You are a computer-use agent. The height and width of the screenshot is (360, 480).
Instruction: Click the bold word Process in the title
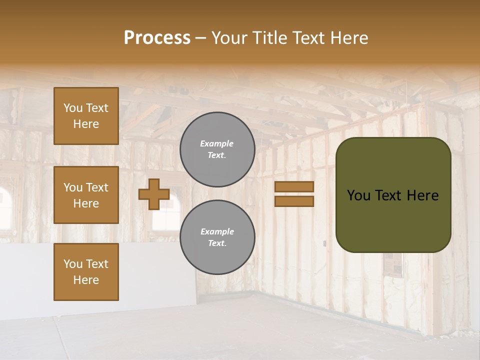coord(157,38)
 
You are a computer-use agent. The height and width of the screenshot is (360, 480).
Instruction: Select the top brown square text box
coord(86,116)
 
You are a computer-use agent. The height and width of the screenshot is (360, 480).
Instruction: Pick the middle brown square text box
coord(86,195)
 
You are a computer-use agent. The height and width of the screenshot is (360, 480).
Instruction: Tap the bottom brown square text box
coord(86,272)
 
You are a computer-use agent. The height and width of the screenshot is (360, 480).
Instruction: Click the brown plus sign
coord(154,194)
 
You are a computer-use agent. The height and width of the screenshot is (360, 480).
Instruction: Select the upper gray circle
coord(217,149)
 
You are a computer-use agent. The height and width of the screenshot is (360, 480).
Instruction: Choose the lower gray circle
coord(217,237)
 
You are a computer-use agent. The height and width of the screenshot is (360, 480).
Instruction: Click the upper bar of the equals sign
coord(294,186)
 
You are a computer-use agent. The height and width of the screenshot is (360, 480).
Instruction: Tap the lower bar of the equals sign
coord(294,201)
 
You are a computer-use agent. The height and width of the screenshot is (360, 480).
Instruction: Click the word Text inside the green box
coord(389,195)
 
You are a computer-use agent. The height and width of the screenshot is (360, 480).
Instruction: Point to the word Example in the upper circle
coord(217,143)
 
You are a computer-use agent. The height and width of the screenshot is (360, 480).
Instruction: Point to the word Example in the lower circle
coord(217,231)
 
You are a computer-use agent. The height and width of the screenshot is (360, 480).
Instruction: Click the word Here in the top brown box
coord(86,124)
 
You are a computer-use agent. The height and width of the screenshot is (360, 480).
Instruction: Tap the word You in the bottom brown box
coord(73,264)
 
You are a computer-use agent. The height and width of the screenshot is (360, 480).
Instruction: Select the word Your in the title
coord(227,38)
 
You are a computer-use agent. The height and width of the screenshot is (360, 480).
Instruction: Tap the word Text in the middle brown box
coord(96,187)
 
